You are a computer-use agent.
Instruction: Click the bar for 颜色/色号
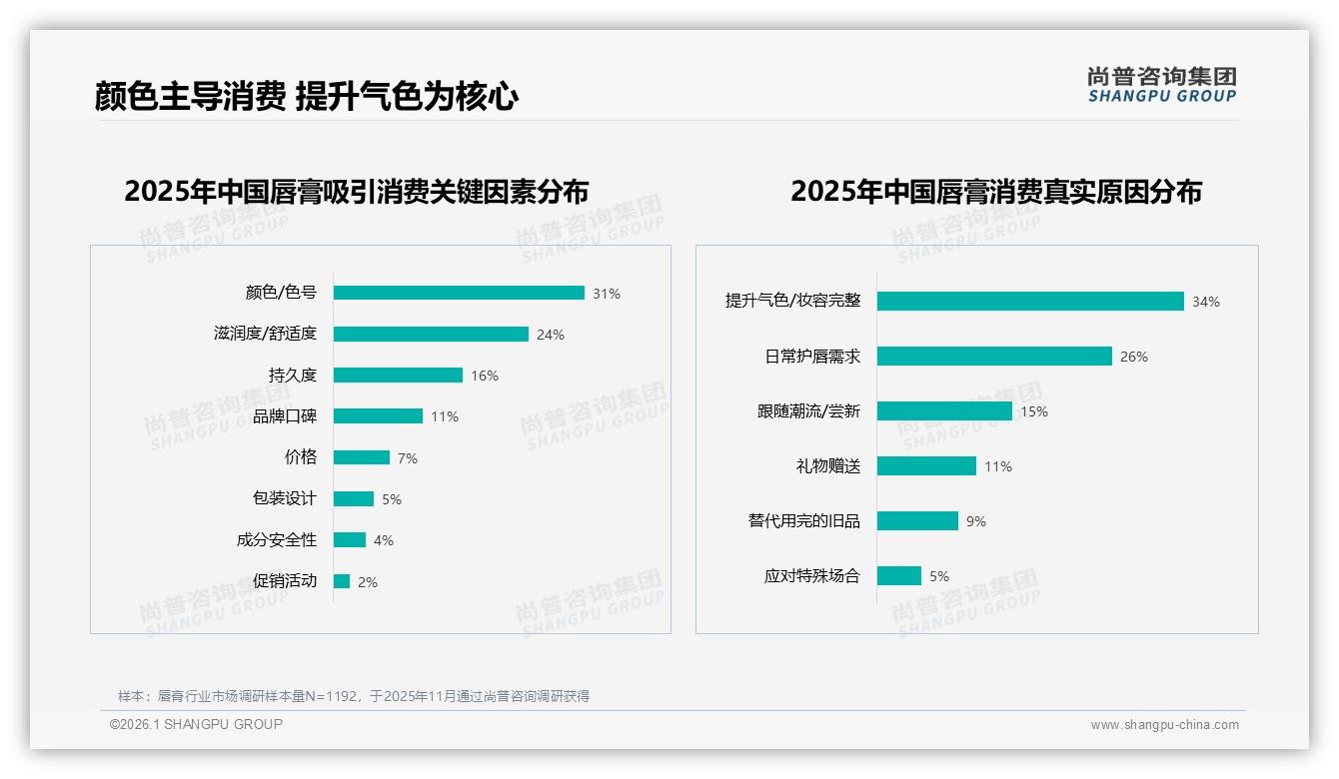(x=459, y=293)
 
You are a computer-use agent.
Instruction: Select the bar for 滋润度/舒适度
(x=431, y=335)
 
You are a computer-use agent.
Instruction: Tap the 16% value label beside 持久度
(x=485, y=376)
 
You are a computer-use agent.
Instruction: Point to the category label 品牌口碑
(x=285, y=416)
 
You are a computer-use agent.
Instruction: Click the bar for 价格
(x=362, y=457)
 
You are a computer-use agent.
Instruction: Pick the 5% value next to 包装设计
(x=392, y=499)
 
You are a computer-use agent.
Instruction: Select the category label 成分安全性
(x=277, y=540)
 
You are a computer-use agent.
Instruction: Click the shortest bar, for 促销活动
(x=342, y=581)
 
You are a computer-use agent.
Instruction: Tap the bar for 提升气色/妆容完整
(x=1030, y=302)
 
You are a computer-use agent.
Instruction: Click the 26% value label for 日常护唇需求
(x=1134, y=357)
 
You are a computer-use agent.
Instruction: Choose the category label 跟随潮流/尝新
(x=808, y=411)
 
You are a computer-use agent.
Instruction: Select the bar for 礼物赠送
(x=926, y=466)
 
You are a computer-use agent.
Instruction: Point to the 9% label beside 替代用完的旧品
(x=976, y=521)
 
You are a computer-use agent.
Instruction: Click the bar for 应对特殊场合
(x=899, y=576)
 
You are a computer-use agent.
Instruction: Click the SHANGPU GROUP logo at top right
(x=1162, y=85)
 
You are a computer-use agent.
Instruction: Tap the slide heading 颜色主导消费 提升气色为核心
(x=307, y=96)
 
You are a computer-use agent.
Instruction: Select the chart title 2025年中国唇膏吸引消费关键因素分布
(x=357, y=191)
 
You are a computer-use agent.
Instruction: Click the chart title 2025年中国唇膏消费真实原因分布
(x=996, y=191)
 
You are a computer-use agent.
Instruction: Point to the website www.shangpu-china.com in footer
(x=1164, y=725)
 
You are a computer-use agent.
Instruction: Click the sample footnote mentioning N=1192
(x=354, y=696)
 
